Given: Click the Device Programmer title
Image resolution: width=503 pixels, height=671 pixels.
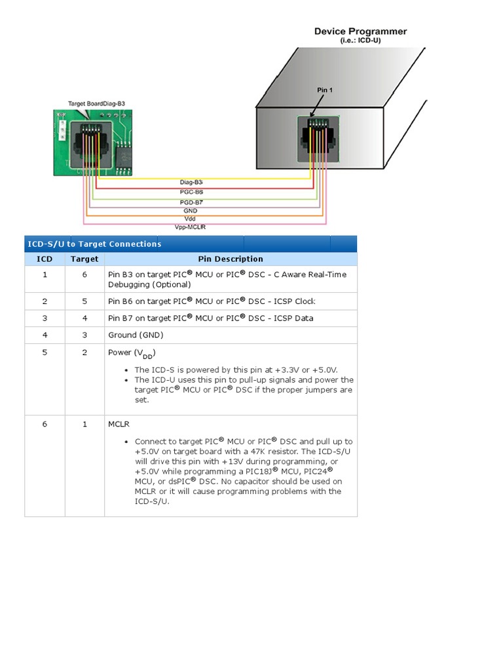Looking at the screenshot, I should tap(360, 31).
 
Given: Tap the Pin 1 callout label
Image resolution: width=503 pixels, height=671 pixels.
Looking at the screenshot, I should tap(325, 90).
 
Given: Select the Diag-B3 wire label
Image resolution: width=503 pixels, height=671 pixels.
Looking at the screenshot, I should tap(191, 182).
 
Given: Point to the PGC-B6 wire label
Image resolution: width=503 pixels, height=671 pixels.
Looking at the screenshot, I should tap(191, 192).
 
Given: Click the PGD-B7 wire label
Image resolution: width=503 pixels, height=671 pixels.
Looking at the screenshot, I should tap(191, 202).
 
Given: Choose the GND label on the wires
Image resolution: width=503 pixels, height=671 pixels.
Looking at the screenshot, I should tap(191, 211).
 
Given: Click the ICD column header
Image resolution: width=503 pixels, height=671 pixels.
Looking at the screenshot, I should tap(45, 259).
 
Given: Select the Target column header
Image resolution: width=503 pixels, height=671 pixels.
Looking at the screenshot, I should tap(84, 259).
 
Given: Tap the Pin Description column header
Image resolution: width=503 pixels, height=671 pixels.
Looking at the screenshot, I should tap(231, 259).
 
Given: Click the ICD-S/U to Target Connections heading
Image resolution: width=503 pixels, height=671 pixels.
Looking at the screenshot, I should tap(94, 244).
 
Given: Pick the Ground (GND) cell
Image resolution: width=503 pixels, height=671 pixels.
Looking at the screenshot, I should tap(136, 335).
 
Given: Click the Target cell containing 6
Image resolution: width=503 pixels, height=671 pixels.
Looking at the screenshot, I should tap(84, 275).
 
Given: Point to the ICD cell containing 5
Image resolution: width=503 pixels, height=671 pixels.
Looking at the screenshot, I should tap(45, 353).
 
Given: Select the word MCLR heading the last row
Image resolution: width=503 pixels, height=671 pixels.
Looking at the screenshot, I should tap(119, 424).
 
